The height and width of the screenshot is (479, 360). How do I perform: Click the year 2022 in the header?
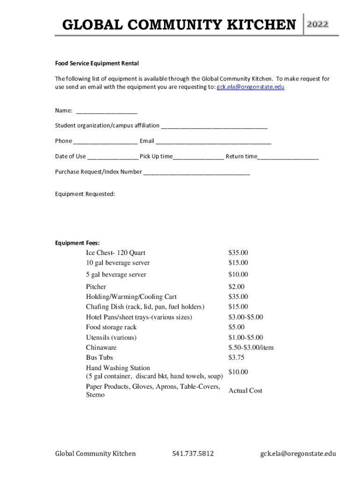tap(317, 24)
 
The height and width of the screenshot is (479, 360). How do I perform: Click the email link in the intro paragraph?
tap(250, 87)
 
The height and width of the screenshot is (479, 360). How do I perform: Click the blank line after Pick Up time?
tap(198, 157)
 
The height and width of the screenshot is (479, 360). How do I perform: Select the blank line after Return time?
tap(288, 157)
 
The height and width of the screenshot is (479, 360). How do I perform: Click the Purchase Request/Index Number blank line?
tap(196, 172)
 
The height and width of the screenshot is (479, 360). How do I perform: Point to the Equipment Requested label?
tap(85, 194)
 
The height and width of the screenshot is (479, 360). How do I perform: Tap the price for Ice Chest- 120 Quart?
tap(238, 253)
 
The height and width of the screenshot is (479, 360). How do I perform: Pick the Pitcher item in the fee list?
tap(96, 287)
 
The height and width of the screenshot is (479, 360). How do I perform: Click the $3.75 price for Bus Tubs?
tap(236, 358)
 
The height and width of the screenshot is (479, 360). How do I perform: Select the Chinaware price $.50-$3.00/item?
tap(251, 348)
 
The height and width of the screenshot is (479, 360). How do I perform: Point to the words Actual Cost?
tap(245, 391)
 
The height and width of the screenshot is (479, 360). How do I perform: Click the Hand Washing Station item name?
tap(118, 368)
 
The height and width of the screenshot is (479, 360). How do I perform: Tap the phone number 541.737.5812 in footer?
tap(193, 453)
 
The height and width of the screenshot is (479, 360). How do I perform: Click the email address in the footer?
tap(298, 453)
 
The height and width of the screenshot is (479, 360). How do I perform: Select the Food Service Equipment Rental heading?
tap(97, 63)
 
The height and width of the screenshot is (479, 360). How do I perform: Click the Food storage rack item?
tap(111, 327)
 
